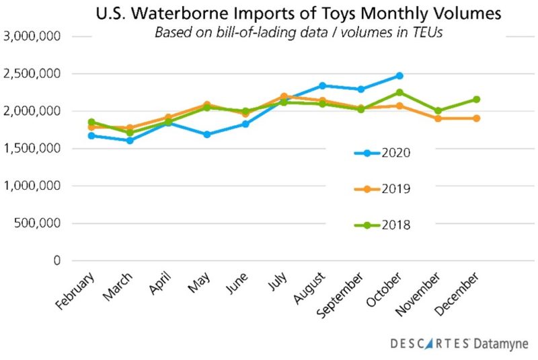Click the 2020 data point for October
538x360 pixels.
(x=399, y=76)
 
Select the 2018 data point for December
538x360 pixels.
(x=477, y=100)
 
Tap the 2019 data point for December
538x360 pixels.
(x=477, y=118)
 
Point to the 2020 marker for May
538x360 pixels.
(x=207, y=135)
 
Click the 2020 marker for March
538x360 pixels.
(x=130, y=141)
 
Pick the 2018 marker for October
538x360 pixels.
(x=399, y=92)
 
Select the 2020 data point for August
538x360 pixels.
(x=323, y=85)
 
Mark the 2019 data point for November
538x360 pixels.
(x=438, y=118)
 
